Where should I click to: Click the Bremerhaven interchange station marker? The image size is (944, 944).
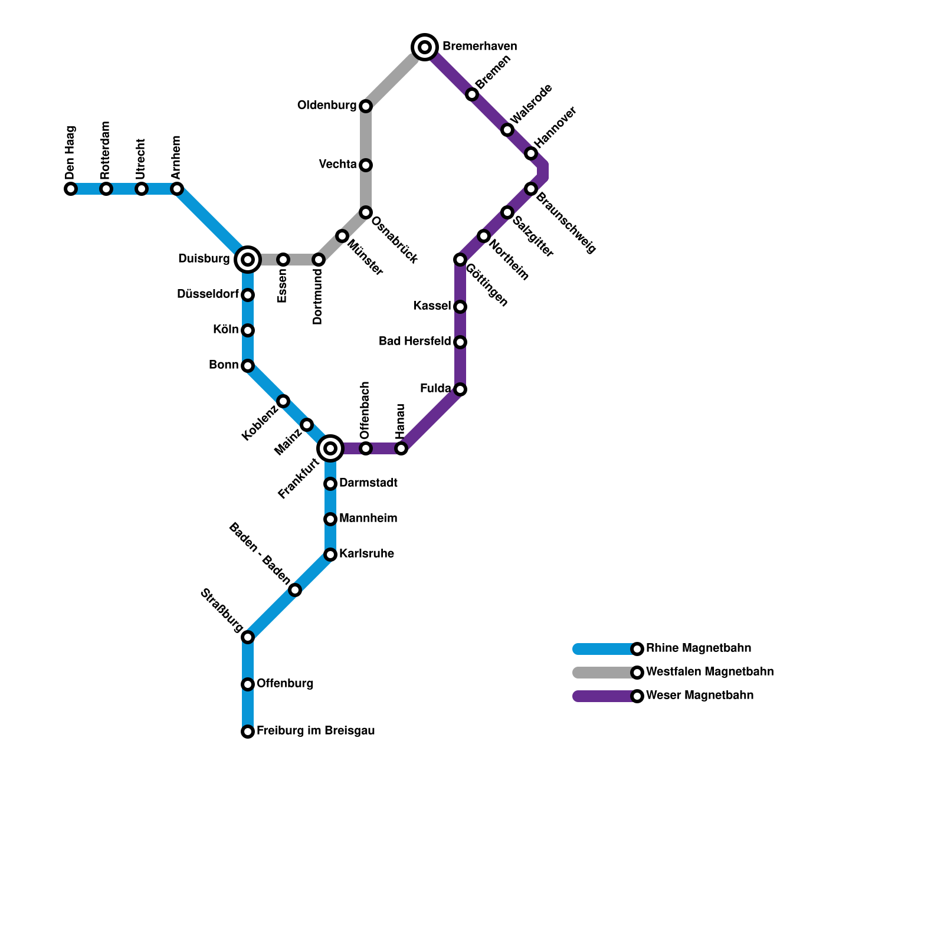coord(425,47)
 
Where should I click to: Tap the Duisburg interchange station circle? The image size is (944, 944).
coord(248,259)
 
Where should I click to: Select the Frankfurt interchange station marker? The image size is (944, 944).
coord(330,448)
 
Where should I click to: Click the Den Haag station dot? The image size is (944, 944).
coord(71,189)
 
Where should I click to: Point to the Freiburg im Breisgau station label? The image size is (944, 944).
coord(316,731)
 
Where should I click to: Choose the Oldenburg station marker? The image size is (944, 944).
coord(366,106)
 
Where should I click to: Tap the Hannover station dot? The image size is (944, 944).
coord(531,153)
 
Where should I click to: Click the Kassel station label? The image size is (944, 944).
coord(432,306)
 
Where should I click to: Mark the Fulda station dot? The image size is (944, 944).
coord(460,389)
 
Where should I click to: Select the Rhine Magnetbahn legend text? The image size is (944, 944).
coord(699,648)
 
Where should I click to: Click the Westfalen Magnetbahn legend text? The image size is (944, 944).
coord(710,672)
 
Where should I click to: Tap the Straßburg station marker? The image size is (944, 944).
coord(248,637)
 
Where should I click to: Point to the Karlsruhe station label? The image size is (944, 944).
coord(366,554)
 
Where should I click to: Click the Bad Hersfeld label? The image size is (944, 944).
coord(415,342)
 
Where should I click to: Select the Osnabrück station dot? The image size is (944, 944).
coord(366,212)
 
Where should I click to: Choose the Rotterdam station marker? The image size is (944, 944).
coord(106,189)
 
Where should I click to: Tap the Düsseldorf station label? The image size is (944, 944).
coord(208,294)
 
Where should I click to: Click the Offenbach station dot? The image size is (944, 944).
coord(366,448)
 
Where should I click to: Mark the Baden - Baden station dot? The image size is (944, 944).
coord(295,590)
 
